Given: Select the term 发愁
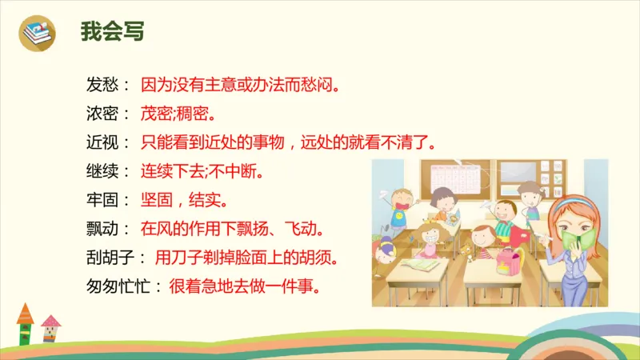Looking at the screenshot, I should coord(102,82).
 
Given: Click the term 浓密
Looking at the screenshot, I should coord(102,112).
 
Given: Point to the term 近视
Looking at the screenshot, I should coord(102,142).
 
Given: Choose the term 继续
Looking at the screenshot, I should coord(102,171).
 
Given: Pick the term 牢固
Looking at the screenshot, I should coord(102,200).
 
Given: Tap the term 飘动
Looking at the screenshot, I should coord(102,229).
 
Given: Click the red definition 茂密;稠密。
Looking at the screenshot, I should coord(178,112).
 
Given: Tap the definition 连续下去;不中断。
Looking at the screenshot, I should coord(202,171).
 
